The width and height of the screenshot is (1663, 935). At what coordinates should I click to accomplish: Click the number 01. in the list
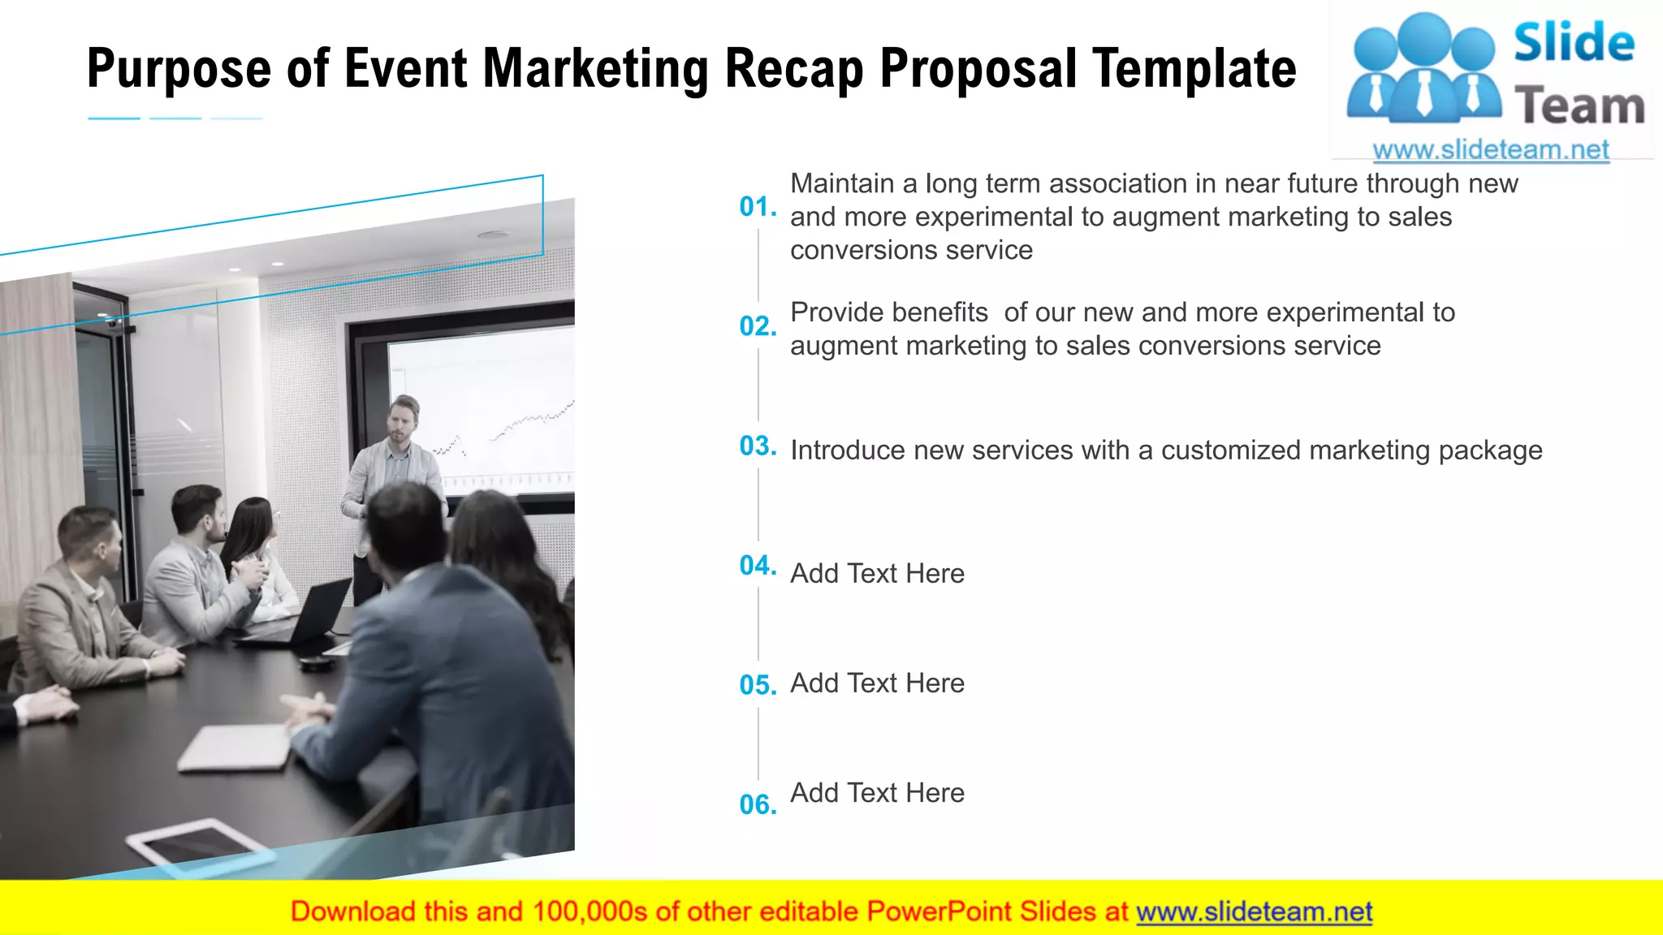[x=758, y=207]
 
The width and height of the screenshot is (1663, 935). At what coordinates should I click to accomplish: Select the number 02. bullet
[x=758, y=326]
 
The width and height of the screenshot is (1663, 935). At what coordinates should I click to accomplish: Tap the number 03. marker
[x=758, y=446]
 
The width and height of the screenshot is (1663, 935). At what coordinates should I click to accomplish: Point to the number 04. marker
[x=758, y=566]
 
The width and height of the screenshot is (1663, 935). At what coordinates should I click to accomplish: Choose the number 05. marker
[x=758, y=686]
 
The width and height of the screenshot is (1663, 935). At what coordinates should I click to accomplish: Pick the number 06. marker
[x=758, y=805]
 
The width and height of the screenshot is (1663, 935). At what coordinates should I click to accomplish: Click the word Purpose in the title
[x=179, y=69]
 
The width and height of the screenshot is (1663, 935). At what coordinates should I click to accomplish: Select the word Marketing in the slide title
[x=596, y=69]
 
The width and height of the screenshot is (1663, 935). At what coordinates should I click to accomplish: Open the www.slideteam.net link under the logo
[x=1491, y=150]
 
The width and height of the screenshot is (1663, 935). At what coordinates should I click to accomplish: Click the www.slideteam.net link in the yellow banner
[x=1254, y=912]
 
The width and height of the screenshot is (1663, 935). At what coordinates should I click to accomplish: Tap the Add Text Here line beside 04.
[x=877, y=574]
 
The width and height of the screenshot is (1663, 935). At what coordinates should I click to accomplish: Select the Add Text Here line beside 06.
[x=877, y=793]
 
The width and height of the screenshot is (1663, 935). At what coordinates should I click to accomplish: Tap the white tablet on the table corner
[x=199, y=844]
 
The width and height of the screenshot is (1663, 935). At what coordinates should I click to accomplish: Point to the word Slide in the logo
[x=1574, y=44]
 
